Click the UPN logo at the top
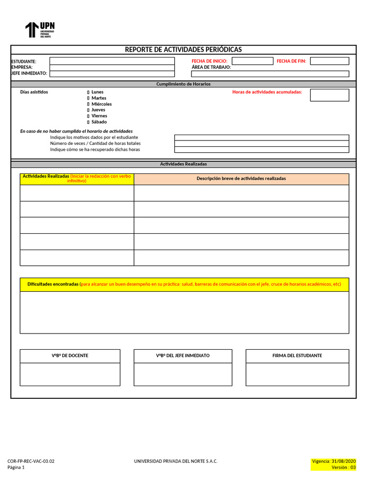tap(40, 30)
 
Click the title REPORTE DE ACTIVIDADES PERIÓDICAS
tap(183, 50)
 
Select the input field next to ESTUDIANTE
tap(112, 61)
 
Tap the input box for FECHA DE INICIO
tap(252, 61)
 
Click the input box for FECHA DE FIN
tap(329, 61)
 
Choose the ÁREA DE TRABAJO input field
tap(270, 74)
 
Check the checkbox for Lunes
tap(88, 92)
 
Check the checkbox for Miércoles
tap(88, 104)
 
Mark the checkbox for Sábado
tap(88, 122)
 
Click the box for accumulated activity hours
tap(329, 95)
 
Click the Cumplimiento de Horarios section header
tap(183, 84)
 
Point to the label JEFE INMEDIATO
tap(29, 73)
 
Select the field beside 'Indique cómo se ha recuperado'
tap(262, 150)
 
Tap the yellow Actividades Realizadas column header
tap(77, 179)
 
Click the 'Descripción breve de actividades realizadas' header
tap(241, 179)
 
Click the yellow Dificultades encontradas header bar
tap(184, 284)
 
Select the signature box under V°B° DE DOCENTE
tap(70, 374)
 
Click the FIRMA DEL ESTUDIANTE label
tap(297, 356)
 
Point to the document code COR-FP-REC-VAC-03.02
tap(31, 461)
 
